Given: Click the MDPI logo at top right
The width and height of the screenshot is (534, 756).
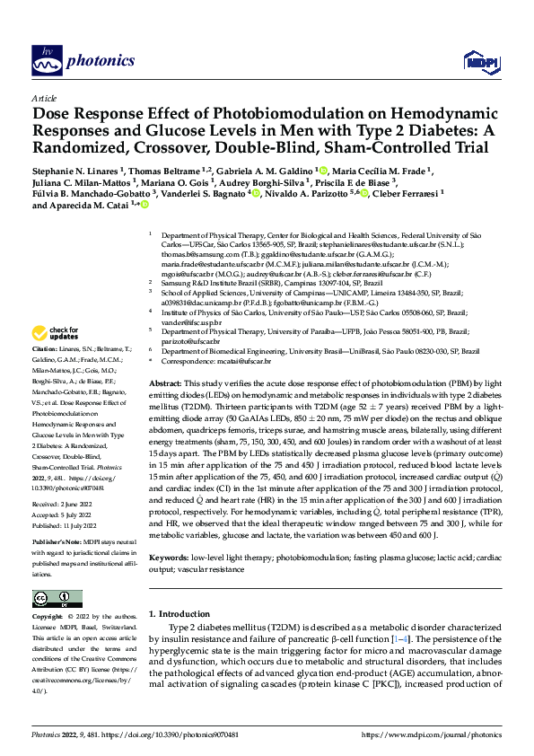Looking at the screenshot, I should tap(477, 60).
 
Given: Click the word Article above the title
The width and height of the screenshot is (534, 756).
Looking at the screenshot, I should tap(44, 97).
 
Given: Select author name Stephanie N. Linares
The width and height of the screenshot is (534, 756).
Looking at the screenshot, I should tap(76, 171).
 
